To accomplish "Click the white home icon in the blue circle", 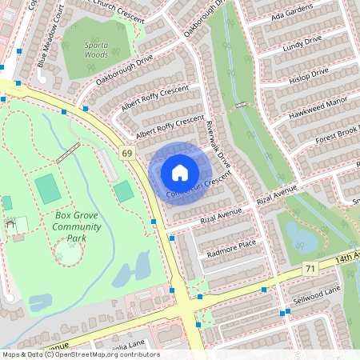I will pos(179,173).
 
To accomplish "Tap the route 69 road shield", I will pos(127,152).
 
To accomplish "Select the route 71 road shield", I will pos(310,271).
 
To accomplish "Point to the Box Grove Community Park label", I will pos(77,226).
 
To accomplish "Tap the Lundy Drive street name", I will pos(302,44).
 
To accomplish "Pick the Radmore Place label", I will pos(231,244).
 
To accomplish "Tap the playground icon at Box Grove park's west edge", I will pos(10,224).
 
